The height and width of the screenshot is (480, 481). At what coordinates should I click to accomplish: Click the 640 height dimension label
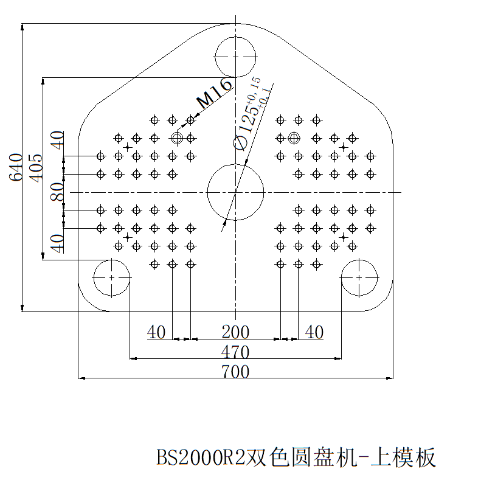[16, 167]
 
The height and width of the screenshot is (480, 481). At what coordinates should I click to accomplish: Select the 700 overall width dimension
[235, 371]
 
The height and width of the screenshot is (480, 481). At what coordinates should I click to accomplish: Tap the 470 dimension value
[235, 352]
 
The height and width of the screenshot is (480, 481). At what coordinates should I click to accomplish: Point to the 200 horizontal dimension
[235, 332]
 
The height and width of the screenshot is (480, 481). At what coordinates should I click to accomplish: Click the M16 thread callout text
[214, 93]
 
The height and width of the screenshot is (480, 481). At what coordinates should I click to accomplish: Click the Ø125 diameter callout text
[249, 116]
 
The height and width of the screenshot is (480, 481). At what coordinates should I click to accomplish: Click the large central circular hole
[235, 192]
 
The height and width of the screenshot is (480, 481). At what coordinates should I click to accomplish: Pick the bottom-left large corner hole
[112, 277]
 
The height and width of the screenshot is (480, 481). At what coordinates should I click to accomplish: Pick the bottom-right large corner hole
[359, 277]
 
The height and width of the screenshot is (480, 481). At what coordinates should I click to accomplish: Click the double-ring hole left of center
[177, 138]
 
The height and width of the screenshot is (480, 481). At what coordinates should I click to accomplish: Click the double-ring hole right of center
[294, 137]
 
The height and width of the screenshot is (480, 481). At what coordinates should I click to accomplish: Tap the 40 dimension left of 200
[156, 332]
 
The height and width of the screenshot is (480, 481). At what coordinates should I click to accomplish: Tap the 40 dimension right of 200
[314, 332]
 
